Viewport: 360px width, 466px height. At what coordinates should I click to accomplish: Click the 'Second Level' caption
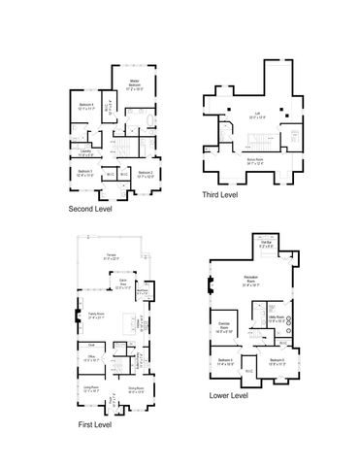click(x=90, y=209)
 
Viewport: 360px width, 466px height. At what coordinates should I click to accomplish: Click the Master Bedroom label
click(x=137, y=85)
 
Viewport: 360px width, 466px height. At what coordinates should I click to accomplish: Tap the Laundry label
click(x=85, y=150)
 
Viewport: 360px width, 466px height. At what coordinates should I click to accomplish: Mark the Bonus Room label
click(x=256, y=161)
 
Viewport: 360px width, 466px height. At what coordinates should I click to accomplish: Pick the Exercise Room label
click(x=224, y=325)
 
